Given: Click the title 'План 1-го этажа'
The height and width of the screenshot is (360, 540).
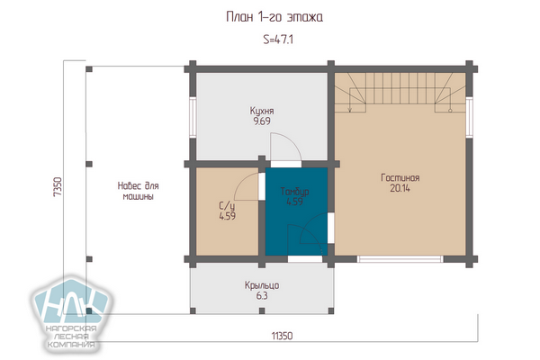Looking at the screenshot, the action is [x=274, y=17].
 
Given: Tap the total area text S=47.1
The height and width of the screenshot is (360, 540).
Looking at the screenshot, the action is [x=278, y=40].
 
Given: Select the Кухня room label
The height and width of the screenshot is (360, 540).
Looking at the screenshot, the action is [x=262, y=111].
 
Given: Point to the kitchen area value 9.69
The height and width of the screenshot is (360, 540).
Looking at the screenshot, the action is [x=262, y=121].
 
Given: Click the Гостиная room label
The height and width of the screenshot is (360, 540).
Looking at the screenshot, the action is [x=400, y=178].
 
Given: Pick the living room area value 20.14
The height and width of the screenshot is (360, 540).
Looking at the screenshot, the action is [x=400, y=188].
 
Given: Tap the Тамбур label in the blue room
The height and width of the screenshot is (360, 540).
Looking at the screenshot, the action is [x=294, y=192].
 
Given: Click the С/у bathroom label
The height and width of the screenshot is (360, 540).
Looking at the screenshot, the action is [x=228, y=206].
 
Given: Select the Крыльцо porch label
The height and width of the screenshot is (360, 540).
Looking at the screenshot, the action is [x=262, y=285].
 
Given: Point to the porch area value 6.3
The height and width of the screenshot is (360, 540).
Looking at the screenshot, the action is [x=262, y=296].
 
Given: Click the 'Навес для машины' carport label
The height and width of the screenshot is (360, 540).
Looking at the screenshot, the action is [x=138, y=191].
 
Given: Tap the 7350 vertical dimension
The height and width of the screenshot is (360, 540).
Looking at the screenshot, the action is [x=58, y=186].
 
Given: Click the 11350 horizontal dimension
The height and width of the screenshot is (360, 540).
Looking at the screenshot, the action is [x=282, y=336].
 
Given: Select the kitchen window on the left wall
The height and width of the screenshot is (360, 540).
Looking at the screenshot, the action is [x=193, y=118].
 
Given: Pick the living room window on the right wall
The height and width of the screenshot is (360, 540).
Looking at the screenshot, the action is [x=469, y=118].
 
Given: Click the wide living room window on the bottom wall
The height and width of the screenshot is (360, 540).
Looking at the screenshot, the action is [x=400, y=258].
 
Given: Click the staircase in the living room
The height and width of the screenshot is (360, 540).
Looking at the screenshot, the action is [x=400, y=93].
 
